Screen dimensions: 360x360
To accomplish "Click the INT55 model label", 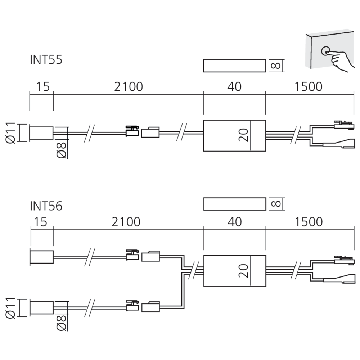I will coord(46,60).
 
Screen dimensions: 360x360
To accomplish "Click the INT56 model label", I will coord(46,206).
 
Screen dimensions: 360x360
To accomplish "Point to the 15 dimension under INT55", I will coord(41,87).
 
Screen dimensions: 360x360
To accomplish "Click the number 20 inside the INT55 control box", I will coord(244,135).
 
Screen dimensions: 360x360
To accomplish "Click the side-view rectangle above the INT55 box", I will coord(234,66).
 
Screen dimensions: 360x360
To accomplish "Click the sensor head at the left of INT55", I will coord(41,133).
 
